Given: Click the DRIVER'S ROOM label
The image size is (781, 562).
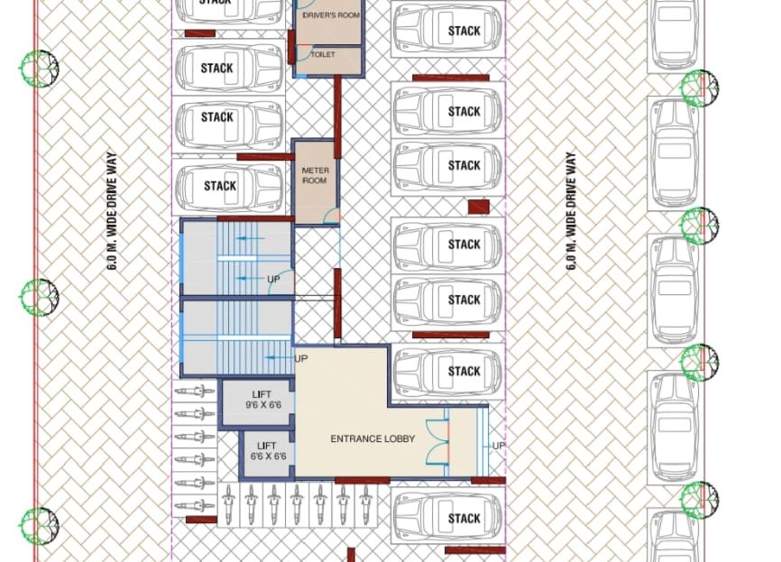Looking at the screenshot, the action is (331, 15).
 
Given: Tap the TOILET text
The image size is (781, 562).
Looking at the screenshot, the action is (323, 54).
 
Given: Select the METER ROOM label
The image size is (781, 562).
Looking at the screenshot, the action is (316, 175).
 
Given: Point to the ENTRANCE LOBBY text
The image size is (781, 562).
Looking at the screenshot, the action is (372, 439).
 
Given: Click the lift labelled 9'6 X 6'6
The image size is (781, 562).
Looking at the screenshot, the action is (256, 401).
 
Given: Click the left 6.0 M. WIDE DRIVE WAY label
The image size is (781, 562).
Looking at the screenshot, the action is (113, 211).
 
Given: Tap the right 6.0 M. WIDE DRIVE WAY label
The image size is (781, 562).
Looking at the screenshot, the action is (571, 211).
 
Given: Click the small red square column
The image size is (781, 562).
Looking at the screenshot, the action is (479, 207).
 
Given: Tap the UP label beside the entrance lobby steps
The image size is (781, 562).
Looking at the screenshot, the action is (499, 446).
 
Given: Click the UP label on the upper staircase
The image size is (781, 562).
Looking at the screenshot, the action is (273, 279).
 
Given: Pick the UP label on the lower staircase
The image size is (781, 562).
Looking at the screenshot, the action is (301, 359).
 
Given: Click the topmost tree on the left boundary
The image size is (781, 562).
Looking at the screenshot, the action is (40, 69).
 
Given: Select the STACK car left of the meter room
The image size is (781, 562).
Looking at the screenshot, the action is (229, 187).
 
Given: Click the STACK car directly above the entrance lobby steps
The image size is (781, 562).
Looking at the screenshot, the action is (447, 371).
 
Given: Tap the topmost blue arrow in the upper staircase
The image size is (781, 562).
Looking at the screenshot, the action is (250, 239).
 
